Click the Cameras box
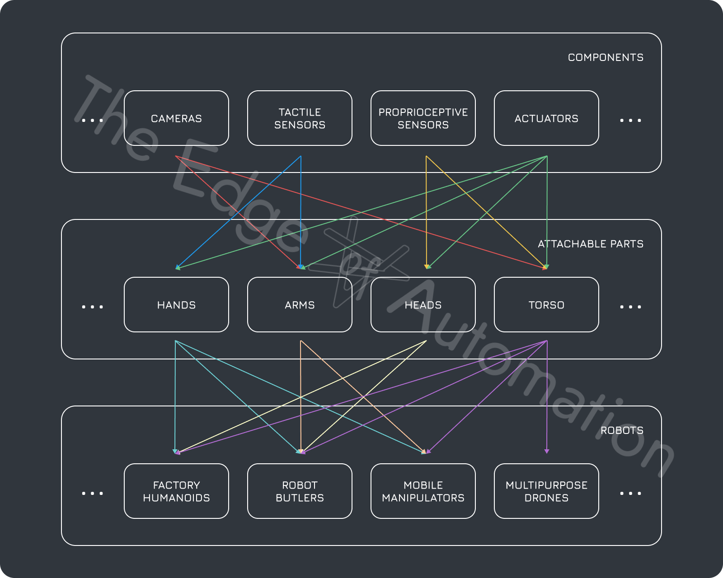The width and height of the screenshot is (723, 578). point(176,118)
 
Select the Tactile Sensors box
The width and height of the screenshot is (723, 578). point(300,118)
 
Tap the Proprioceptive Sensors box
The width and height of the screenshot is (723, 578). point(423,118)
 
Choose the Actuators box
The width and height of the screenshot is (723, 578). point(546,118)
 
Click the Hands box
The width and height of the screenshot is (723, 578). point(176,305)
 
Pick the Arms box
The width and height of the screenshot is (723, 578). point(300,305)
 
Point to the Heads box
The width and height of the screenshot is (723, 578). point(423,305)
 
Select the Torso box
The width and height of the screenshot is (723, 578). point(546,305)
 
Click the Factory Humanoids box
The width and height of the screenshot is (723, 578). point(176,491)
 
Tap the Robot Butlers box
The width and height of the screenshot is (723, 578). point(300,491)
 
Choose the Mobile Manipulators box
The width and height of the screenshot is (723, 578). point(423,491)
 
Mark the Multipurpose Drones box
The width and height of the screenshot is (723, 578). point(546,491)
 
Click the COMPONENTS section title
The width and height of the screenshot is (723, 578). point(606,57)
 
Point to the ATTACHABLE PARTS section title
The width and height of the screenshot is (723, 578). point(590,244)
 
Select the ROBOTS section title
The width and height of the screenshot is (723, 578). point(622,430)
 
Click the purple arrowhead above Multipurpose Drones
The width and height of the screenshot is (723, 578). point(547,451)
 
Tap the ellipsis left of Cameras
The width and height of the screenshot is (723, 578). point(92,121)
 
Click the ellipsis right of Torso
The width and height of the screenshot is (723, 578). point(630,307)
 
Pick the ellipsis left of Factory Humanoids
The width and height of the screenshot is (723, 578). point(92,494)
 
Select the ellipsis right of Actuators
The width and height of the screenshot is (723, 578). point(630,121)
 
